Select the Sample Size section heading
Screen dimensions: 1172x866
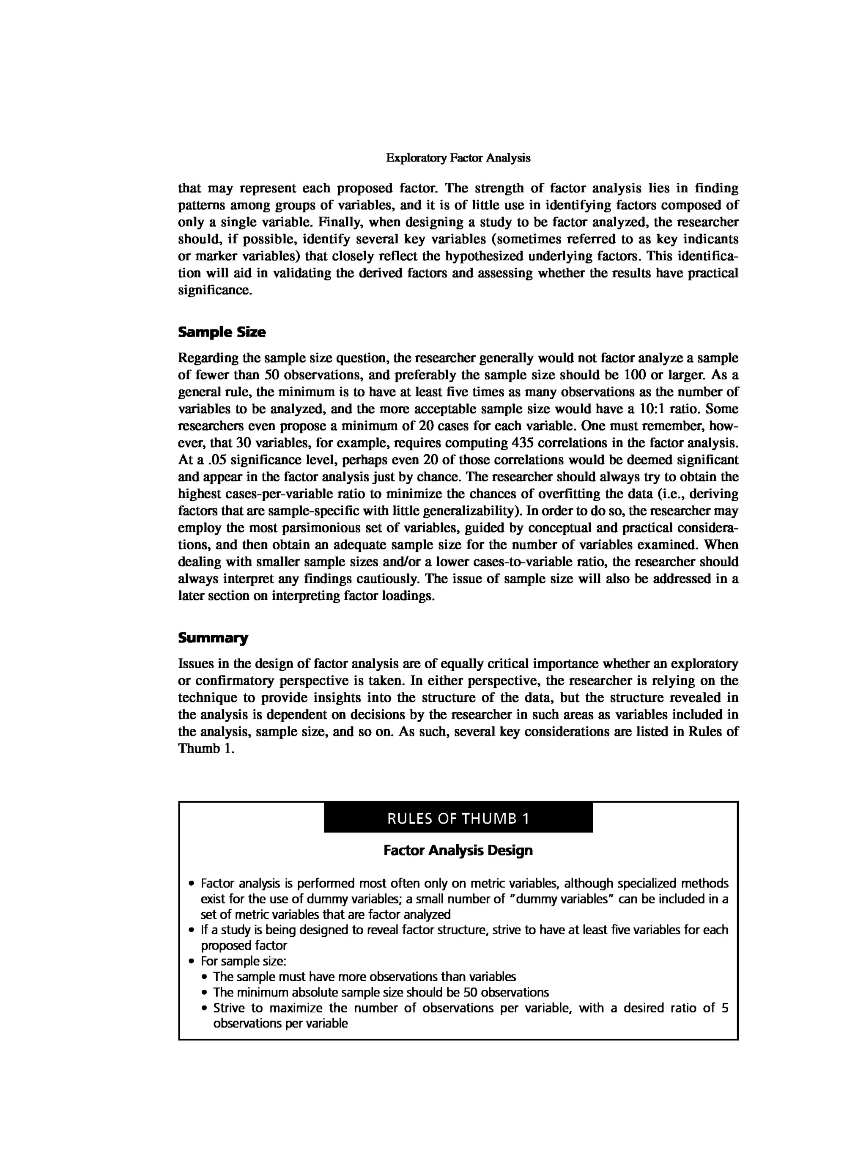(222, 332)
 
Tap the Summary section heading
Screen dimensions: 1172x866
(213, 638)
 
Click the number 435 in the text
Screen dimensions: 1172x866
(522, 443)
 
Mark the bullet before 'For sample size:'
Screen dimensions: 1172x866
(192, 962)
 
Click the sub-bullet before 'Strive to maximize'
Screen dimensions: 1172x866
(204, 1008)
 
